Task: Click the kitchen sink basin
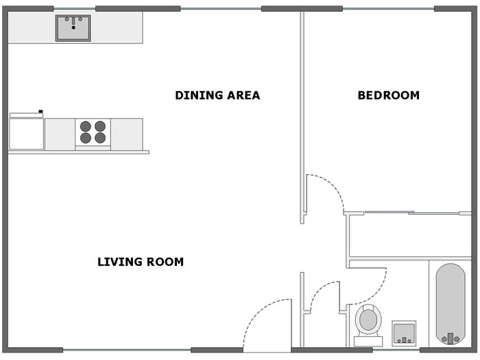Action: click(x=73, y=28)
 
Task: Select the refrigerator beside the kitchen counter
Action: click(x=26, y=131)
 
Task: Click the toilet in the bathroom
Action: click(x=368, y=325)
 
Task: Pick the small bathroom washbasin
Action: click(x=404, y=333)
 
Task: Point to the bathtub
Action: click(x=451, y=304)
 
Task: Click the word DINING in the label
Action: click(x=199, y=95)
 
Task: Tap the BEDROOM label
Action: click(x=389, y=95)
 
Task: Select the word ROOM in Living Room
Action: click(x=165, y=262)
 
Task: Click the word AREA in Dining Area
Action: click(x=243, y=95)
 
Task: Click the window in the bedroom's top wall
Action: click(x=388, y=8)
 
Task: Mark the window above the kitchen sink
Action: click(x=75, y=8)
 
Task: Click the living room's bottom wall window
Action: click(x=127, y=350)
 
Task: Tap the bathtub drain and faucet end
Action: click(x=451, y=338)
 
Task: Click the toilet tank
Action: click(x=368, y=341)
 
